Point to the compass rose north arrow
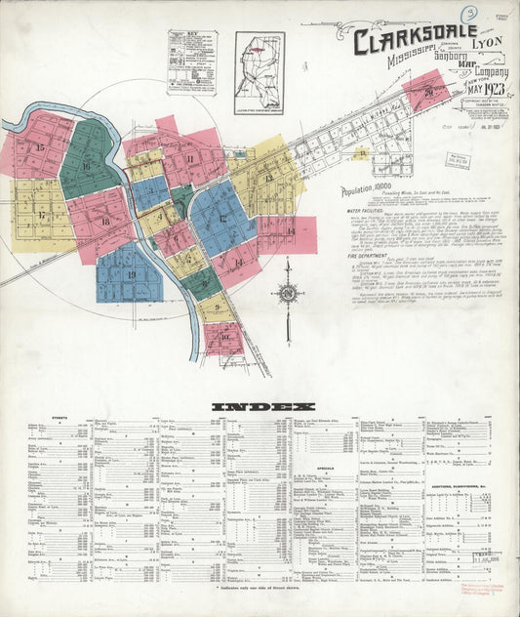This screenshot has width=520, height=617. [288, 291]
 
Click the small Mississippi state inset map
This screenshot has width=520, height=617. [260, 60]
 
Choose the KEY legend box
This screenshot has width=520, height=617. [191, 61]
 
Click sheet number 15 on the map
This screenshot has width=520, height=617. [40, 147]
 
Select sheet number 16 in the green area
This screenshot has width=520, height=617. [86, 166]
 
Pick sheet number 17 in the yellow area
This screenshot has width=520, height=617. [42, 215]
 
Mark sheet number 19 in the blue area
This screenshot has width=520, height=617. [131, 274]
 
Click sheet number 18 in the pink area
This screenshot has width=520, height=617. [104, 223]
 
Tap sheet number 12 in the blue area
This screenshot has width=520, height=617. [222, 219]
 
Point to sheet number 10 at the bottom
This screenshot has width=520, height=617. [224, 337]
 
